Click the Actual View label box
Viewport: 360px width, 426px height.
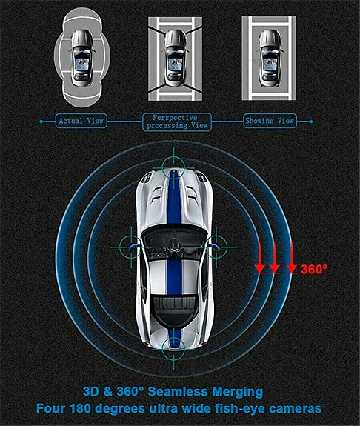pos(81,121)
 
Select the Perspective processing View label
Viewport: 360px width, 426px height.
pos(177,122)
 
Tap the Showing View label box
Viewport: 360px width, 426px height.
pos(270,121)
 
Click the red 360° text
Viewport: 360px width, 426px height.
pos(314,269)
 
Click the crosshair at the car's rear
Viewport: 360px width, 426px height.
pos(173,349)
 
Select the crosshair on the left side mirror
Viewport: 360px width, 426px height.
pos(131,247)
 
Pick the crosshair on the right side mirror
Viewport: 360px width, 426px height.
pos(216,247)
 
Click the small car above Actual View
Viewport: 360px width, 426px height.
pos(81,58)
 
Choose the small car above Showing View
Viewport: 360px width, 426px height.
pos(270,58)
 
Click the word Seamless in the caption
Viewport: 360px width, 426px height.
pos(178,392)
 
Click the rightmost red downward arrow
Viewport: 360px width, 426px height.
pos(292,257)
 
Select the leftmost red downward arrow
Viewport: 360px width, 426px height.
pos(260,257)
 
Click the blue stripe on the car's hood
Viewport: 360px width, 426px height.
pos(173,198)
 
